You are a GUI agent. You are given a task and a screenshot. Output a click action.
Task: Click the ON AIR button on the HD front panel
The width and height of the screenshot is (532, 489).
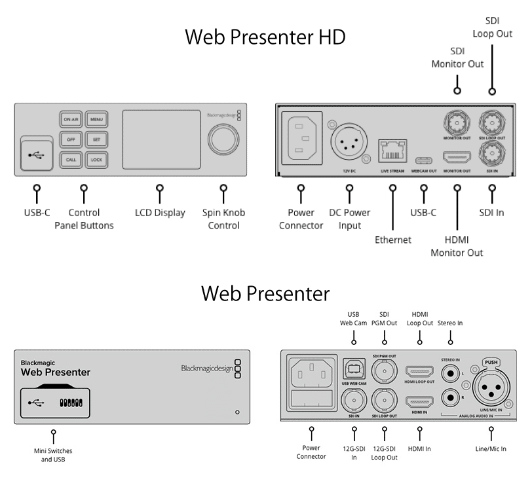tap(70, 119)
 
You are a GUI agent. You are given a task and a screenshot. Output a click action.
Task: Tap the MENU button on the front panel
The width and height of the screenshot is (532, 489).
tap(96, 119)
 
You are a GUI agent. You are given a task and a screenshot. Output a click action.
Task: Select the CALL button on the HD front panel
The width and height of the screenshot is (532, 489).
tap(70, 159)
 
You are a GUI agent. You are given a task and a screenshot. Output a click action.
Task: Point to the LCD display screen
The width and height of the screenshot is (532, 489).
tap(161, 139)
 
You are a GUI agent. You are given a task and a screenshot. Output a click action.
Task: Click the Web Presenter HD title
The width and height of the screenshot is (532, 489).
tap(265, 37)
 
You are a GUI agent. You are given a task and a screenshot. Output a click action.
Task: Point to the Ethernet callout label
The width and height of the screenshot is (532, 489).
tap(393, 240)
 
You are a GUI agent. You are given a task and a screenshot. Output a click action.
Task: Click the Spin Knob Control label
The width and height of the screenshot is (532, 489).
tap(224, 219)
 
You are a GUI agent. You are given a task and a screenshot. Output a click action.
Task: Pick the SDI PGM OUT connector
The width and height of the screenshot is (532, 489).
tap(385, 372)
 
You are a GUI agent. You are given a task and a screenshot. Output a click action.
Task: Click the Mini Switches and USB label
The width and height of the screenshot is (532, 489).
tap(52, 455)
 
